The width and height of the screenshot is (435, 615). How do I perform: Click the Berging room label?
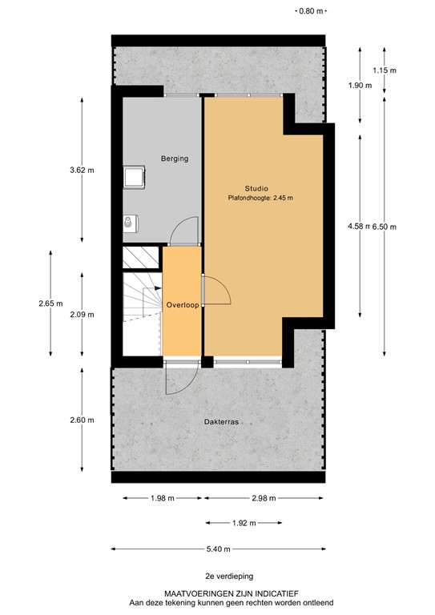(174, 159)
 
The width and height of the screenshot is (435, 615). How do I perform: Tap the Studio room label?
(257, 188)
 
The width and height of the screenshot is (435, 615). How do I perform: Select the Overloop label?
(182, 305)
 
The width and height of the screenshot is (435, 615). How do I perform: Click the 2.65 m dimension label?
(50, 303)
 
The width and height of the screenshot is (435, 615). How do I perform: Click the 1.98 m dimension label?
(163, 498)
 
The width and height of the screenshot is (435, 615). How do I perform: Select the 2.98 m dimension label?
(263, 498)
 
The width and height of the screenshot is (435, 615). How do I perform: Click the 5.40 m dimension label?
(218, 549)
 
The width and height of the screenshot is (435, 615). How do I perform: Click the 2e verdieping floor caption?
(217, 576)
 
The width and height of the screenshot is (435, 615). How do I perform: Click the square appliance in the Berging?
(133, 176)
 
